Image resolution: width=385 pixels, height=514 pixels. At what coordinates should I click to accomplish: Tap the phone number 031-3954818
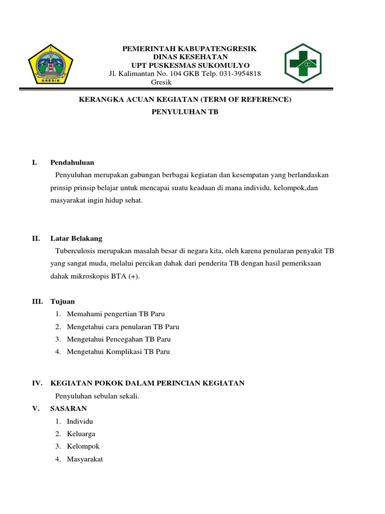click(x=238, y=74)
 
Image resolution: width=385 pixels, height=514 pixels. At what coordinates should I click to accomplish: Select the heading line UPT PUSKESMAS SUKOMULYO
click(x=190, y=66)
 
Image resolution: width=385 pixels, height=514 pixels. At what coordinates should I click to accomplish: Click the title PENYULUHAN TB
click(x=185, y=112)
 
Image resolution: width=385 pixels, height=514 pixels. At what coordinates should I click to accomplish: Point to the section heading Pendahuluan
click(x=72, y=163)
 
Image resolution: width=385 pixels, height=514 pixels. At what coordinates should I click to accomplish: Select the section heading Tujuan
click(x=63, y=302)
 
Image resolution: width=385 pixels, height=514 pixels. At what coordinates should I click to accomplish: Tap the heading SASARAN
click(x=69, y=409)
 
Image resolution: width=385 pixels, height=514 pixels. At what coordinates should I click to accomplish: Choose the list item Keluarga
click(x=81, y=434)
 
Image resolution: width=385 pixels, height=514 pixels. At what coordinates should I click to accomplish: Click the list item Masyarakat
click(x=85, y=459)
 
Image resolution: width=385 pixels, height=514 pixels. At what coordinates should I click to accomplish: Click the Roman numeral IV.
click(x=36, y=383)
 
